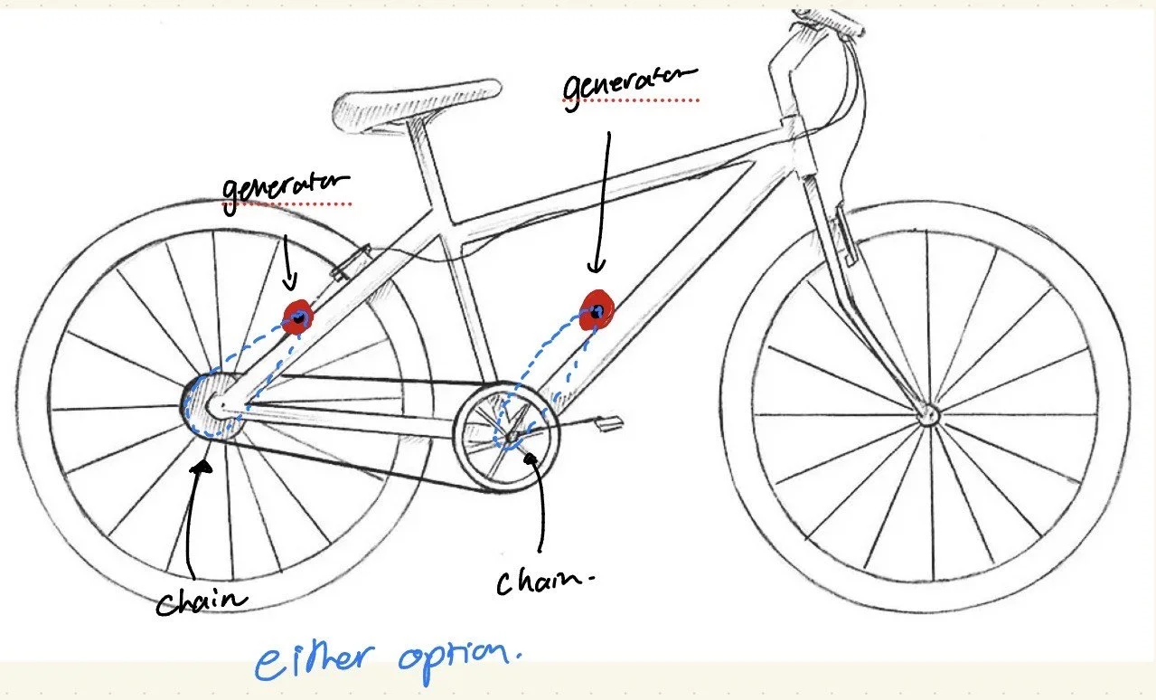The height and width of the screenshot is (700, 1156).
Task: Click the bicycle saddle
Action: coord(418,102)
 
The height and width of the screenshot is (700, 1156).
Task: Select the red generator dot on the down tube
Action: coord(597,309)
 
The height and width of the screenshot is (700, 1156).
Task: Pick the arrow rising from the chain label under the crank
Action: coord(540,497)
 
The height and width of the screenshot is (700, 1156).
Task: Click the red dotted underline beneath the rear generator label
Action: coord(287,204)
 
